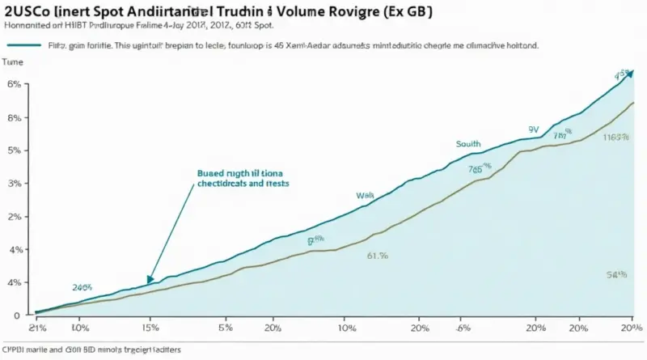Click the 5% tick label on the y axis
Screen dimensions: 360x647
(14, 150)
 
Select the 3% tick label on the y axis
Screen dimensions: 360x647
(14, 184)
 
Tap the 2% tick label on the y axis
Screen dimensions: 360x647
(14, 217)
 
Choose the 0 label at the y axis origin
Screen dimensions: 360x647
(16, 314)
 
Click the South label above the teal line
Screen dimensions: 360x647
(468, 143)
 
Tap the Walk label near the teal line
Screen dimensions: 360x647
(366, 196)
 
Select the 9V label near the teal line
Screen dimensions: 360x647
(534, 129)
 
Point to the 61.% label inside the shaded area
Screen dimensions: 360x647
(378, 256)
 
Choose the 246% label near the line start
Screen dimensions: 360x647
(82, 287)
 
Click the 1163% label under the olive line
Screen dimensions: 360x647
(616, 137)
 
